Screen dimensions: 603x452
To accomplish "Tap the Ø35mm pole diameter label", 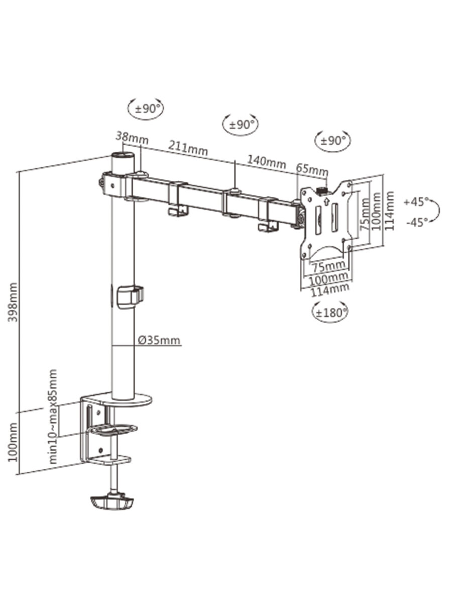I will [159, 341].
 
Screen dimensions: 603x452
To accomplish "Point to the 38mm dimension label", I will [129, 136].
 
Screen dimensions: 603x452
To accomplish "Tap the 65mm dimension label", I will [311, 169].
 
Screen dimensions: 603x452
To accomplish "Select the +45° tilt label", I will [416, 202].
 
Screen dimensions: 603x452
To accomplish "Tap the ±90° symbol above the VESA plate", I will [332, 140].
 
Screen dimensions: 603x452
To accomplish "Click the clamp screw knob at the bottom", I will [112, 502].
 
